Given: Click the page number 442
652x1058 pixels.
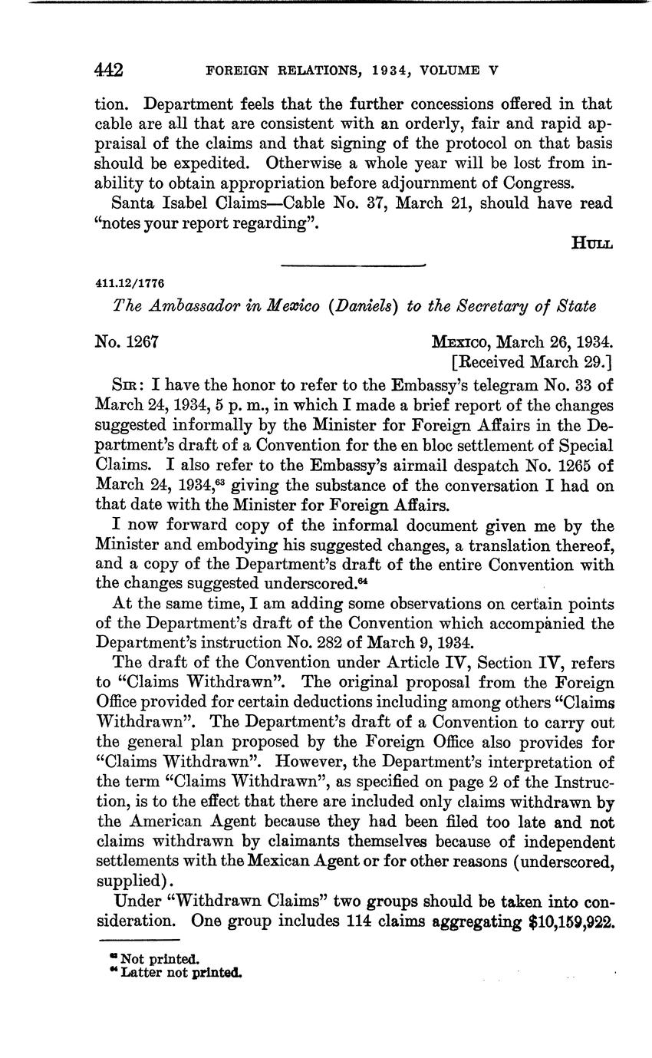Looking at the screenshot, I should (x=109, y=71).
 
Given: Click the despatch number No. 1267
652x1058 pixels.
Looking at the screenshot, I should (x=127, y=342).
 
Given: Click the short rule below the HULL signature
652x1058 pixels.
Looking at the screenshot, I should (x=354, y=265).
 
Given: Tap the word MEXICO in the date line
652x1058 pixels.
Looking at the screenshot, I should (x=460, y=342).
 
